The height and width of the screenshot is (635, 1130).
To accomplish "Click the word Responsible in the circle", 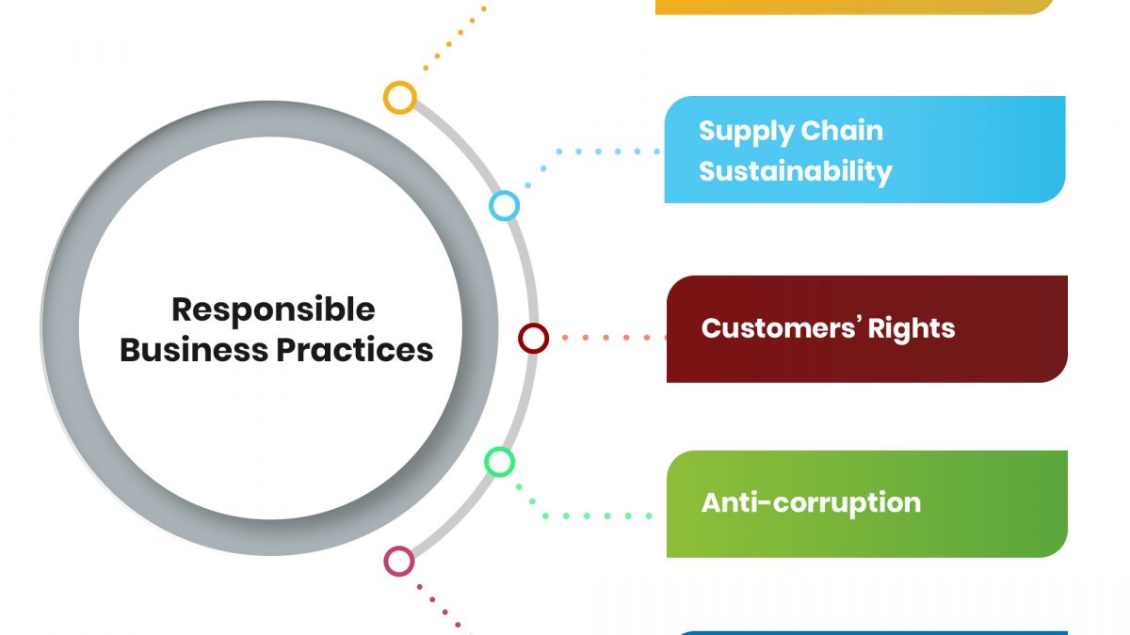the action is tap(273, 310).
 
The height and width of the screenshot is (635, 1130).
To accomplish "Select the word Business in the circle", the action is tap(194, 350).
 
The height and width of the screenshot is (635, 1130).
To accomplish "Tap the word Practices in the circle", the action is tap(355, 350).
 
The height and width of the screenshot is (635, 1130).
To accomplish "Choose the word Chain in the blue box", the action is tap(843, 131).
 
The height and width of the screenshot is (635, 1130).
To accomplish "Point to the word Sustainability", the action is tap(796, 172).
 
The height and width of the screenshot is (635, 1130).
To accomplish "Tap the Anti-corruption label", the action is tap(811, 503).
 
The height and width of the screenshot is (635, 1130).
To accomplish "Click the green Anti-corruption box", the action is tap(867, 504).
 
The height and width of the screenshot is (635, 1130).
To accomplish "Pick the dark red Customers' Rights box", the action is tap(867, 329).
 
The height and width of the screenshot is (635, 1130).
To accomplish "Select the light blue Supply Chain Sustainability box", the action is tap(864, 150).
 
